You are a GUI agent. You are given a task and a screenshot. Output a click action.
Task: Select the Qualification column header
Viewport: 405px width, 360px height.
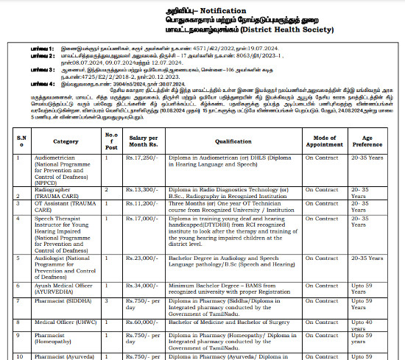[233, 141]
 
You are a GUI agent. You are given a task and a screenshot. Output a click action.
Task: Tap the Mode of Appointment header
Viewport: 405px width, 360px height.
[325, 141]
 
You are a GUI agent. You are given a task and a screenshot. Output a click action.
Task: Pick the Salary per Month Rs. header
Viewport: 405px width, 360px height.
[143, 141]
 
